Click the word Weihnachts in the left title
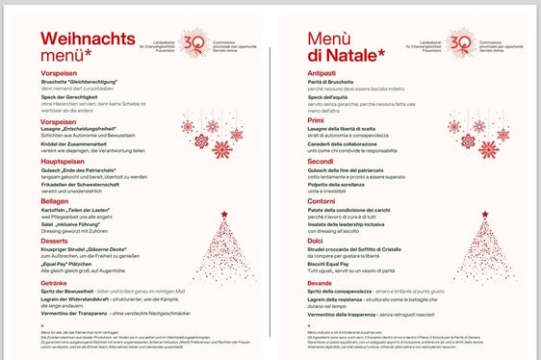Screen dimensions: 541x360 (x=95, y=37)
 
